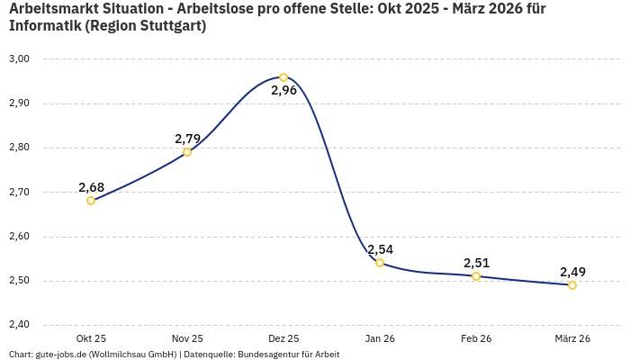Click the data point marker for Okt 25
click(91, 201)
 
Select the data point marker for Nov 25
click(187, 152)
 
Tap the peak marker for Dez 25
click(283, 77)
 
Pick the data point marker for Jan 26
click(380, 263)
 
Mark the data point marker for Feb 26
click(476, 276)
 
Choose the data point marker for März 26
click(572, 285)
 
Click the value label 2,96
click(283, 91)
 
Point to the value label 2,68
click(91, 187)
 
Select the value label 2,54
click(380, 249)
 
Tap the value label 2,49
click(572, 272)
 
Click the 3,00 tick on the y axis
click(19, 58)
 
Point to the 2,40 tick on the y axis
click(19, 325)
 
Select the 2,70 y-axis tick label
click(19, 192)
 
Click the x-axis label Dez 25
click(283, 339)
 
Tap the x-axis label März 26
click(572, 339)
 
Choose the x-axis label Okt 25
click(91, 339)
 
